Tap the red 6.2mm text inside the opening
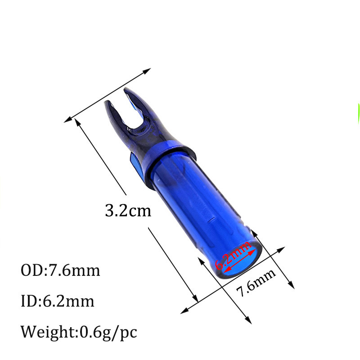(233, 256)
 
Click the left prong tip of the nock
(108, 104)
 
